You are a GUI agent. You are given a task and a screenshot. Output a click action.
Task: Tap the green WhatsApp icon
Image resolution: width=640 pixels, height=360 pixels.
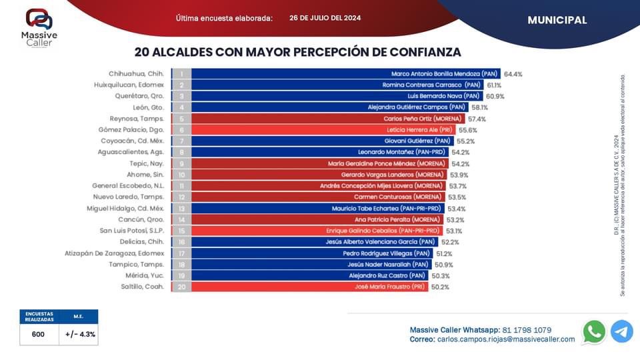coord(594,331)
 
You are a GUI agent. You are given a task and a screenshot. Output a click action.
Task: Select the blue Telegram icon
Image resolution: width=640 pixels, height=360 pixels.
coord(622,331)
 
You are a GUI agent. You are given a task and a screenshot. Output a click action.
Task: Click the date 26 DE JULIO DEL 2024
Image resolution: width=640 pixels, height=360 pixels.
coord(325,18)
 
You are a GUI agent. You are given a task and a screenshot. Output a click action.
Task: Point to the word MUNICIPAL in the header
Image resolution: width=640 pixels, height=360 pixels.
coord(557,20)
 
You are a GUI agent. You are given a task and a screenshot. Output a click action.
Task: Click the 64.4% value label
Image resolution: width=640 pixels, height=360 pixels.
coord(513,74)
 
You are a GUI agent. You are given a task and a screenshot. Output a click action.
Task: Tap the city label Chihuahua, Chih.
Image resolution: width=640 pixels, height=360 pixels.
coord(136,74)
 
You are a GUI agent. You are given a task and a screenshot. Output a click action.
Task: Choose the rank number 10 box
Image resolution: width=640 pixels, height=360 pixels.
coord(181,175)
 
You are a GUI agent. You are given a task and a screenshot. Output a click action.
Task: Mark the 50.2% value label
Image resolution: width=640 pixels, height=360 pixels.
coord(440,287)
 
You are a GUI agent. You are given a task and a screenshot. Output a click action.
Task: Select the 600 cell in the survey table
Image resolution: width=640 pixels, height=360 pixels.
coord(38,335)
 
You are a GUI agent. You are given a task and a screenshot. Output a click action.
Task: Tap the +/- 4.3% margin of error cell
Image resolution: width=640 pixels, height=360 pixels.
coord(80,335)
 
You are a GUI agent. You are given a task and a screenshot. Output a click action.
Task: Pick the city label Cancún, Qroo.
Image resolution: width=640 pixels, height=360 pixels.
coord(141,219)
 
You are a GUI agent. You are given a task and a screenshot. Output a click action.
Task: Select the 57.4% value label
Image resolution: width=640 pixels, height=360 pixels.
coord(477,119)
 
